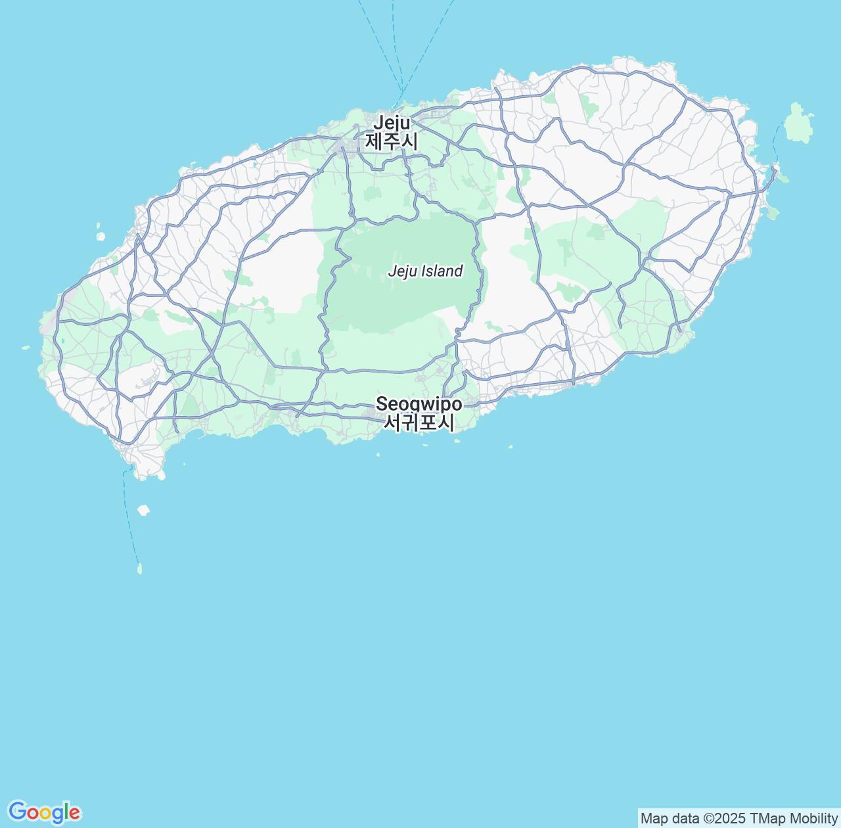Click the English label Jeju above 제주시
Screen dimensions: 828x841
[392, 123]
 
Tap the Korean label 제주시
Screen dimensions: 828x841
[392, 141]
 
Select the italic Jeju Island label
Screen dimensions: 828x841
[425, 271]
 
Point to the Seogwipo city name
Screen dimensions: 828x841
[419, 403]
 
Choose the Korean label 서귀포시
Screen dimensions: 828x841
[419, 423]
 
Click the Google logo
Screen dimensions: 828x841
[44, 812]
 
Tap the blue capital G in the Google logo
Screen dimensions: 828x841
[17, 812]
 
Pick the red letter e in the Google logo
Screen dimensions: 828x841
[74, 814]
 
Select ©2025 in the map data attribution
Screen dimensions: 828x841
[724, 818]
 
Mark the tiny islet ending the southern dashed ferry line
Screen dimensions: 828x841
[139, 568]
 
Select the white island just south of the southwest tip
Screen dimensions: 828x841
[143, 510]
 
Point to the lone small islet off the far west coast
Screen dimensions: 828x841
[26, 348]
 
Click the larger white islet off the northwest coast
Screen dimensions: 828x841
[101, 235]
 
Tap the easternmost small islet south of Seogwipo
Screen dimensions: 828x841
[511, 447]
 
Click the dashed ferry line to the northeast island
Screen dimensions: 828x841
[777, 141]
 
